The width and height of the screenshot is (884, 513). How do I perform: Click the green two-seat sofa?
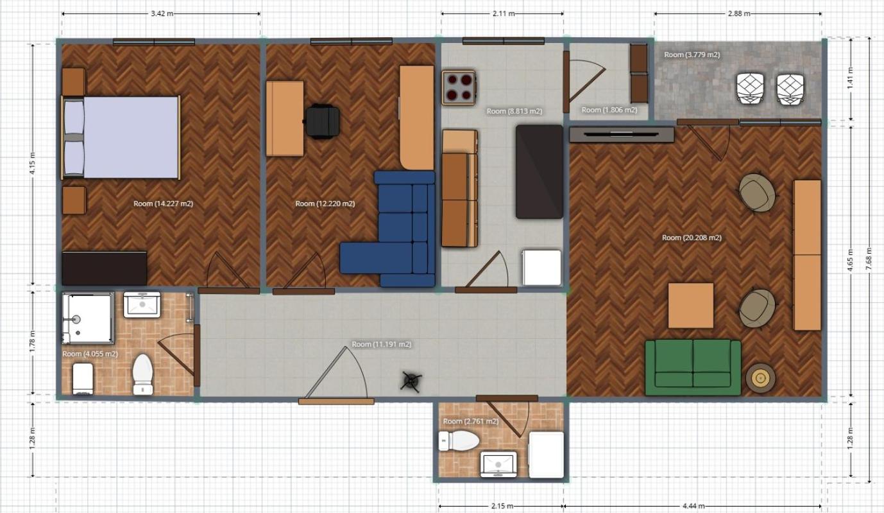click(693, 367)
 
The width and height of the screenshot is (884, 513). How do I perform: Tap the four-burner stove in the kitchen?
click(459, 88)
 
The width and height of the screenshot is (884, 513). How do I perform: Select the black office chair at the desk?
click(322, 121)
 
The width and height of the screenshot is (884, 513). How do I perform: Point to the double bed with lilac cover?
click(121, 137)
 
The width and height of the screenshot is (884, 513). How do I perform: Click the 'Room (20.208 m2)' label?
click(692, 238)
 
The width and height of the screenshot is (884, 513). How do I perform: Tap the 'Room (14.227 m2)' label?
click(164, 204)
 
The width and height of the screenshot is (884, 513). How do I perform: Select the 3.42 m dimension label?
click(162, 13)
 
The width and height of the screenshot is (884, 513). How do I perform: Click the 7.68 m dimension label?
click(868, 259)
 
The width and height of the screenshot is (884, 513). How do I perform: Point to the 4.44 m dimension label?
click(693, 506)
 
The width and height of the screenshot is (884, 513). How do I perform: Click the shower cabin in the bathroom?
click(88, 318)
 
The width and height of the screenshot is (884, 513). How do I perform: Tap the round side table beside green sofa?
click(760, 378)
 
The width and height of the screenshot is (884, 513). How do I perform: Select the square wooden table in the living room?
click(691, 305)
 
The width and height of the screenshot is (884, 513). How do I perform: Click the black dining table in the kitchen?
click(540, 171)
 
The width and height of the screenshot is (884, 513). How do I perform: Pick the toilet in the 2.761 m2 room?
click(459, 440)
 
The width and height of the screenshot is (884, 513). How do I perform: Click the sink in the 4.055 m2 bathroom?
click(142, 304)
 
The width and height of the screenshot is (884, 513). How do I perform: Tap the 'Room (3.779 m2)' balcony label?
click(692, 55)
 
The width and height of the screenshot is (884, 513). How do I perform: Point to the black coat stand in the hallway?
click(411, 381)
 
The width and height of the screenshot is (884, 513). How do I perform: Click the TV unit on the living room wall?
click(621, 135)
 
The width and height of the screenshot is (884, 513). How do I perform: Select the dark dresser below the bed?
click(104, 268)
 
